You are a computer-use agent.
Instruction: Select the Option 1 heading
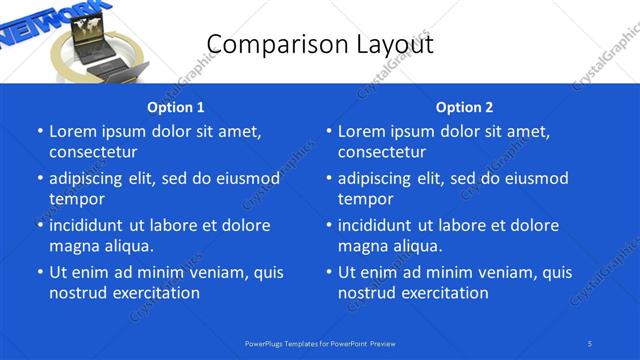[x=176, y=107]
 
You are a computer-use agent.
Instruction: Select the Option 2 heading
[x=464, y=107]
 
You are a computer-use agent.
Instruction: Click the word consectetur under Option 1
[x=93, y=152]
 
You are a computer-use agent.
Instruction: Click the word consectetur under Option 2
[x=382, y=152]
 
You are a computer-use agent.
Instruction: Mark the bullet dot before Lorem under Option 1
[x=40, y=132]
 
